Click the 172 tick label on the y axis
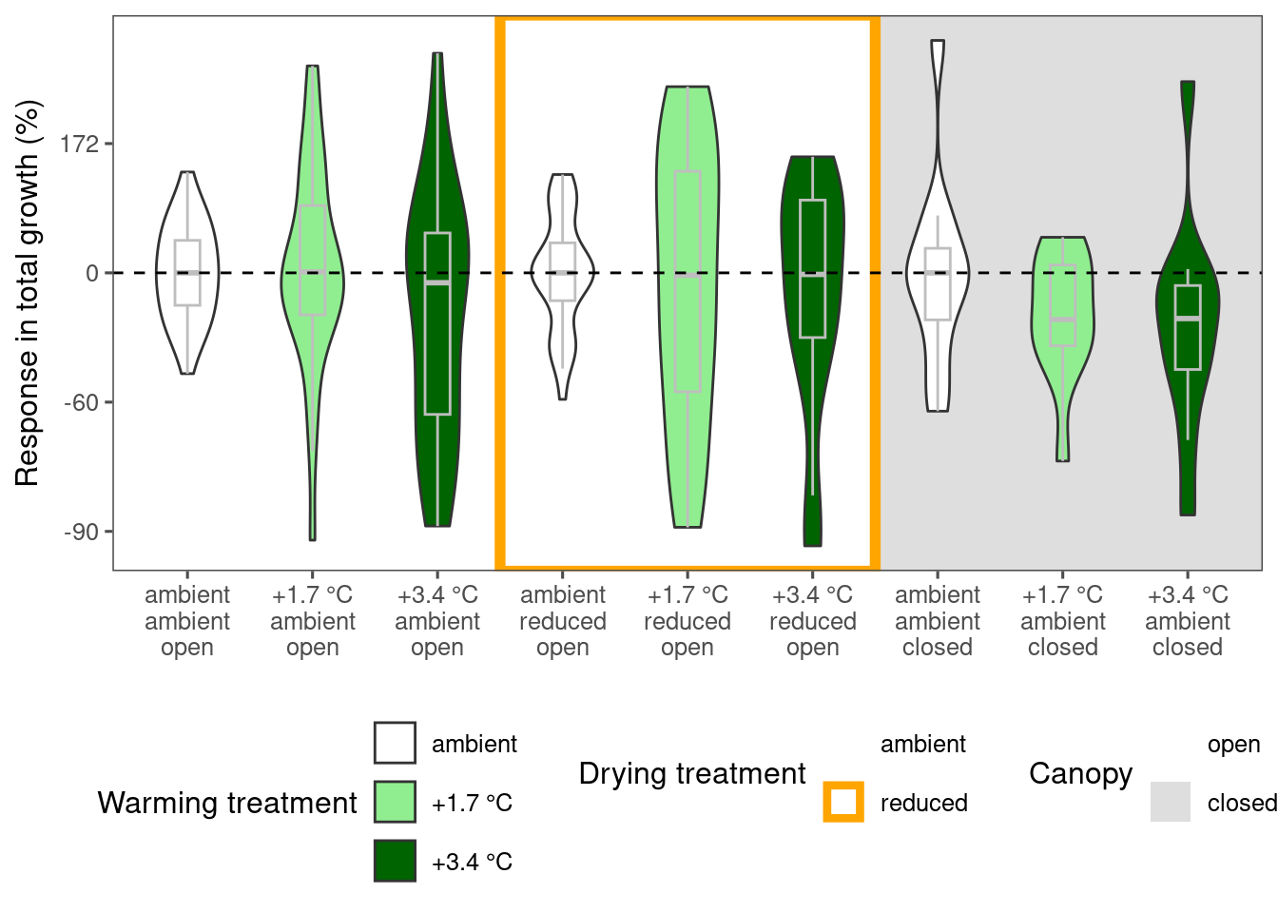(x=79, y=145)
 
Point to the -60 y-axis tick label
(x=81, y=403)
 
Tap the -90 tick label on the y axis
(x=81, y=532)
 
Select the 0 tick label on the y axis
(x=92, y=274)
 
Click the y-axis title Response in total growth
(x=27, y=293)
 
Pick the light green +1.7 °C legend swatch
(x=395, y=802)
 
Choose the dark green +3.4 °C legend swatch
(x=395, y=861)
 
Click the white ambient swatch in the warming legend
(x=395, y=743)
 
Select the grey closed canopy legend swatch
(x=1171, y=802)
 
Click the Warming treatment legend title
(x=227, y=803)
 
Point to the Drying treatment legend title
(x=692, y=774)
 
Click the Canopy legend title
(x=1080, y=775)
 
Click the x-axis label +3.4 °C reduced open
(x=812, y=621)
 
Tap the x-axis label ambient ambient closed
(x=938, y=621)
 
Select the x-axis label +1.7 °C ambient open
(x=313, y=621)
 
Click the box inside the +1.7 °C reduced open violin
(x=687, y=282)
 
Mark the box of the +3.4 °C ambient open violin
(x=437, y=323)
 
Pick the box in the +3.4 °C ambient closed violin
(x=1188, y=327)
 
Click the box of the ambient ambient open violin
(x=187, y=273)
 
